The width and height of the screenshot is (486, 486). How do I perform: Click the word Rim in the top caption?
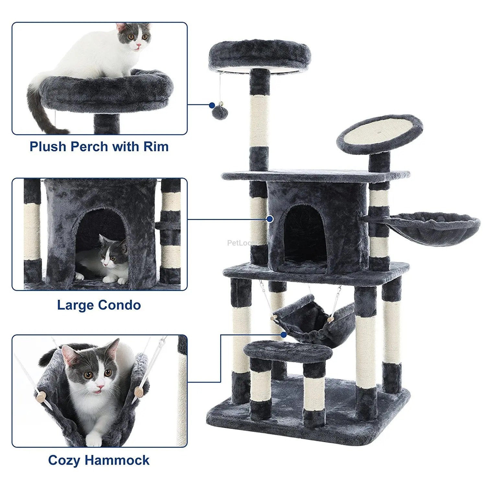[156, 146]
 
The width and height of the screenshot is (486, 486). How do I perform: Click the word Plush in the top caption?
[48, 146]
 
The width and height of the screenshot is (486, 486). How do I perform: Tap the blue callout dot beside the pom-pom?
[212, 105]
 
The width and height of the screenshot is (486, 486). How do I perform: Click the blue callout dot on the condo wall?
[270, 219]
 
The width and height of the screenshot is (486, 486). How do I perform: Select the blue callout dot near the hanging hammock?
[284, 335]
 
